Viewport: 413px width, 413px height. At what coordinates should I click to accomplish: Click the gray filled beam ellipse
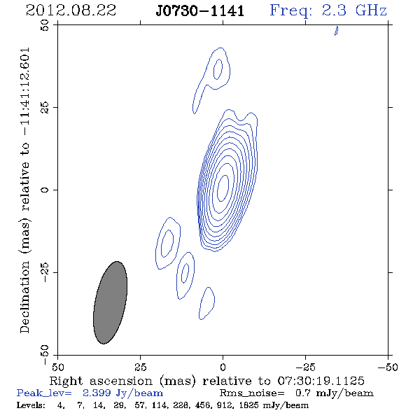click(x=111, y=302)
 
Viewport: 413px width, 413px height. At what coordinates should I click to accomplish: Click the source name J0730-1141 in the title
click(x=200, y=10)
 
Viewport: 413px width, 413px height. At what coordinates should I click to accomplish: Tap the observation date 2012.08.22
click(x=71, y=10)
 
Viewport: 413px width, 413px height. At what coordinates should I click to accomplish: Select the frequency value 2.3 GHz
click(x=354, y=10)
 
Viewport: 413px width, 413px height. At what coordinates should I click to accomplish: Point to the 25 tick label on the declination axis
click(x=45, y=108)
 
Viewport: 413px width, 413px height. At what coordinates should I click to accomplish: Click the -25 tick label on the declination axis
click(x=45, y=272)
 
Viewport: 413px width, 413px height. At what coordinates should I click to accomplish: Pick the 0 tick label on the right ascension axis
click(x=223, y=367)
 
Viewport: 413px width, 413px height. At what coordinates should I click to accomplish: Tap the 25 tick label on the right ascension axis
click(x=141, y=367)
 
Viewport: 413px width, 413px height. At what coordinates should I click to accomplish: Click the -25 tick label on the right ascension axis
click(x=305, y=367)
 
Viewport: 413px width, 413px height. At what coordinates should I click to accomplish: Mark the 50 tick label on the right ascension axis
click(x=57, y=367)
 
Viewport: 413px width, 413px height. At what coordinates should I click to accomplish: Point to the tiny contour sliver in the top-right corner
click(x=337, y=31)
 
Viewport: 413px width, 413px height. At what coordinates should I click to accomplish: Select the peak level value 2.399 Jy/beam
click(x=122, y=393)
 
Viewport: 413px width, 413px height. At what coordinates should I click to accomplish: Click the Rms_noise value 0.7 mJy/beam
click(x=334, y=393)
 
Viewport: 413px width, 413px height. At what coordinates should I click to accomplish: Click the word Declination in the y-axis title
click(x=24, y=297)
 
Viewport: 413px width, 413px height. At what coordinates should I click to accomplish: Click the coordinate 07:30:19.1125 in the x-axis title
click(x=321, y=381)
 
